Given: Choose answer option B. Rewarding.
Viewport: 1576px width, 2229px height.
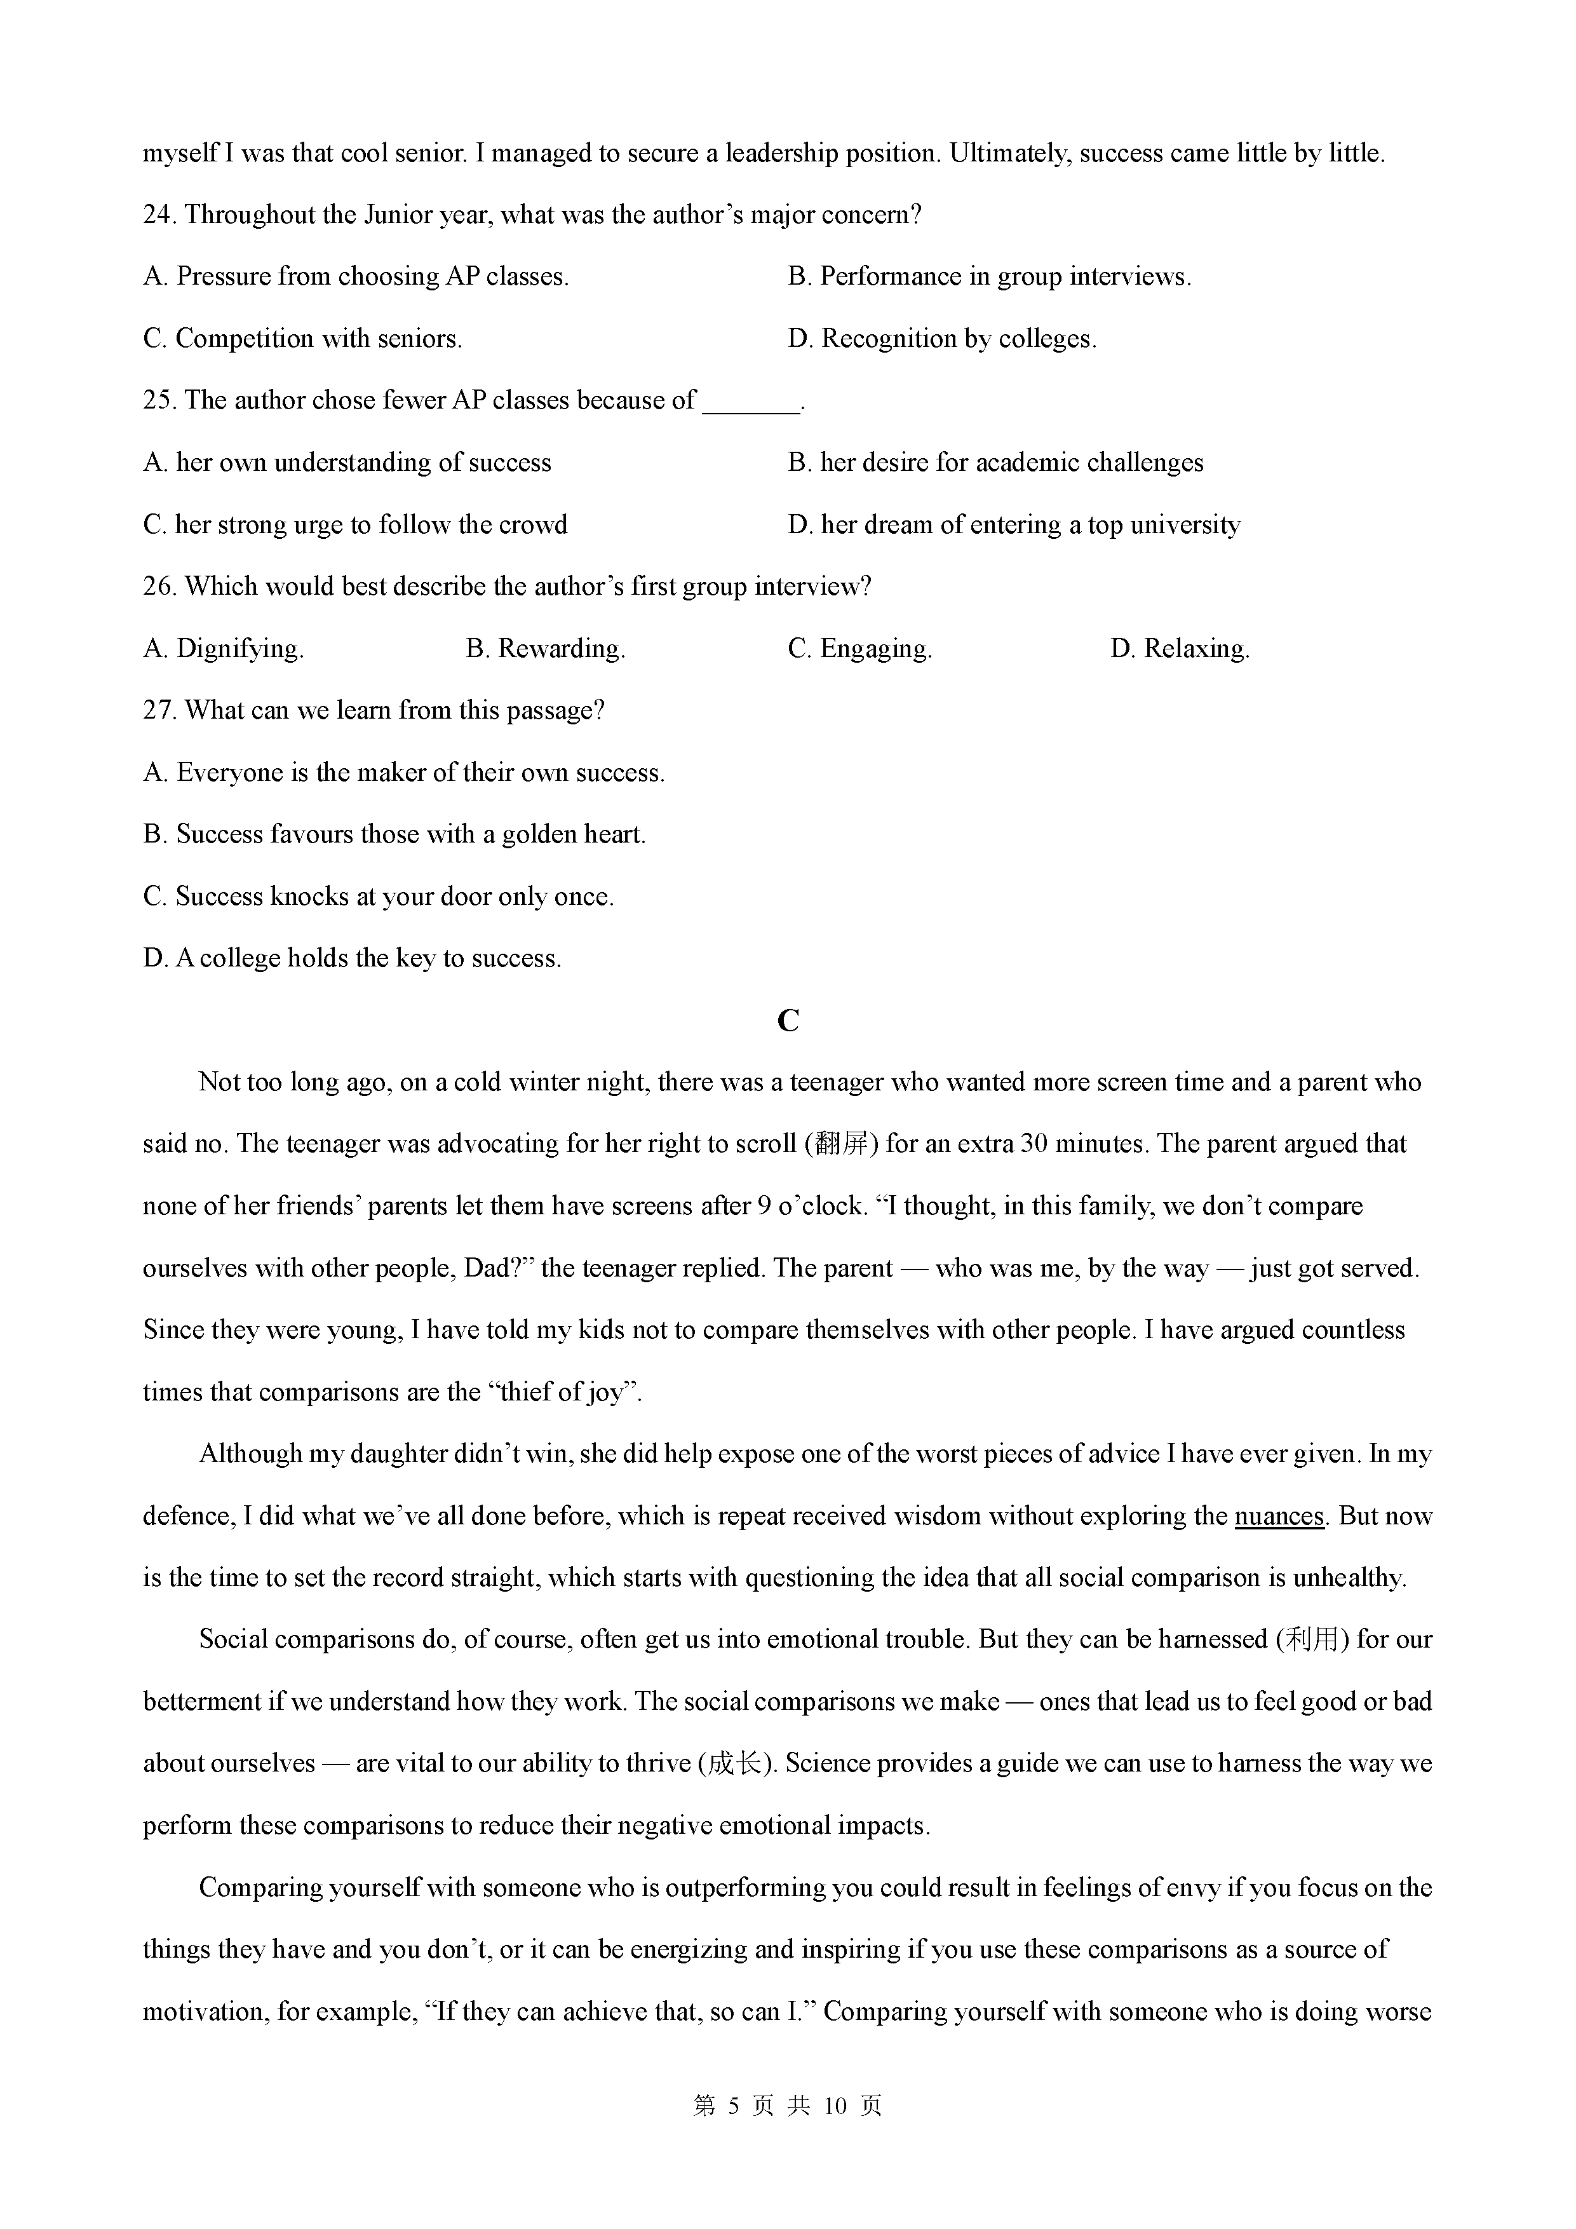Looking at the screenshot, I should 546,649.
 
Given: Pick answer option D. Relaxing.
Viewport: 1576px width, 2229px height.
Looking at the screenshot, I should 1180,649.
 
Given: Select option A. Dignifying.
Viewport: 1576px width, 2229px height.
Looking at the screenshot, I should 223,649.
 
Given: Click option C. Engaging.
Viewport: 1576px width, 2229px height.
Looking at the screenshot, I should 860,649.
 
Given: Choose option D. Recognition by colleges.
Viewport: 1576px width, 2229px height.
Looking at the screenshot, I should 942,339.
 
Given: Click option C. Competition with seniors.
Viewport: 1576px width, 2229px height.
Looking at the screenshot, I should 303,339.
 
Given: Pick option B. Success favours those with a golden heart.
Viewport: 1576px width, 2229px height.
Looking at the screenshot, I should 394,835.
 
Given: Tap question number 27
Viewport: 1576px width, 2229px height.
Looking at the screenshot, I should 158,710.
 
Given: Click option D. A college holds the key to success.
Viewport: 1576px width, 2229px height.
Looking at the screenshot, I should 353,959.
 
